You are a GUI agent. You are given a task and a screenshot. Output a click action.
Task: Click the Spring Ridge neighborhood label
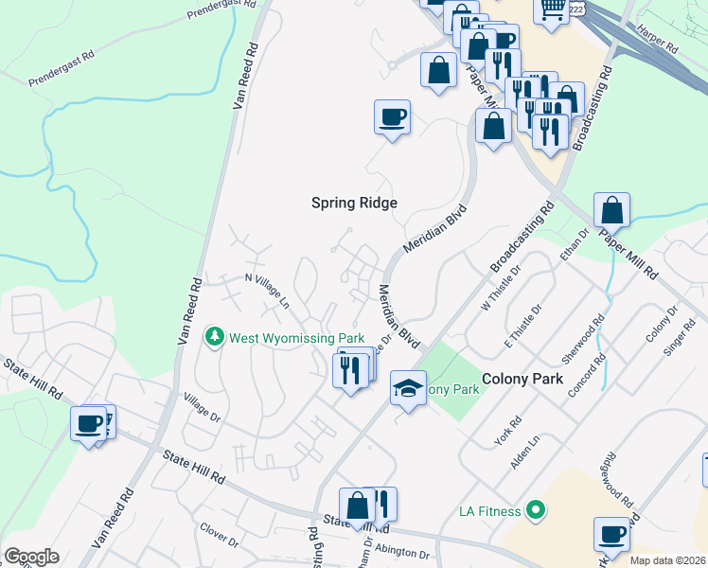pos(355,203)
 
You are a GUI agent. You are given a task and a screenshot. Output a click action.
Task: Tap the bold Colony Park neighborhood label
pos(523,378)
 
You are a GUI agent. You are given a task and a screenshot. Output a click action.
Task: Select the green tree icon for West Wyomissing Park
pos(215,337)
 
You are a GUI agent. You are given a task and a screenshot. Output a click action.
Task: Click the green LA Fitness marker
pos(537,511)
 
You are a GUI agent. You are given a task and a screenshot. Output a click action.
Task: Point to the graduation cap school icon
pos(408,388)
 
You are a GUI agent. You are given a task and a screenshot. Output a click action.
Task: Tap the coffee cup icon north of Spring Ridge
pos(392,118)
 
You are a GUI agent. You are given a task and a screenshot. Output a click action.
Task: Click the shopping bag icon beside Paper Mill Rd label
pos(612,210)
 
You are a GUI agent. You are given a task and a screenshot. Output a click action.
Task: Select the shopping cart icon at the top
pos(552,9)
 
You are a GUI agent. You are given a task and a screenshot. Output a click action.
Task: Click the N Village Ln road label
pos(267,290)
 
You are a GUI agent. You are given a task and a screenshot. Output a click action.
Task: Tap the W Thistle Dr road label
pos(502,293)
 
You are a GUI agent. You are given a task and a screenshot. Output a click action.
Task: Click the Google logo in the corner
pos(31,557)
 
